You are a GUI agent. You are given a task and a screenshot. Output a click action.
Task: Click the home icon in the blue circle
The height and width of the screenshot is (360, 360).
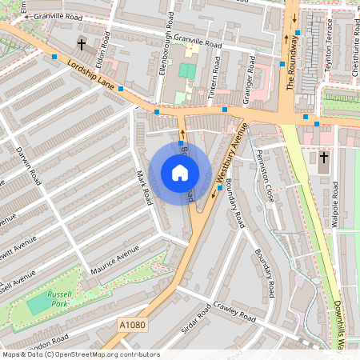point(180,172)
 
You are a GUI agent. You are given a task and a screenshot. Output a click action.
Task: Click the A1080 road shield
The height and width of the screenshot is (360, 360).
point(133,325)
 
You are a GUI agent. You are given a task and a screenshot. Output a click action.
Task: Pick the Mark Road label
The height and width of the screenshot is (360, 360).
point(143,186)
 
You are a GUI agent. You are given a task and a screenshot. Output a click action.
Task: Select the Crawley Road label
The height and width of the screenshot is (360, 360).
point(234,312)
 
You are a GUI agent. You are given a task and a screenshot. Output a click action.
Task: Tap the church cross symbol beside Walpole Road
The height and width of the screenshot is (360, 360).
point(323,158)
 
